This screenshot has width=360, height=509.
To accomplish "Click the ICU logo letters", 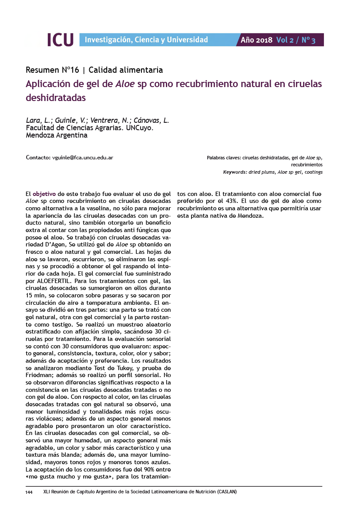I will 60,40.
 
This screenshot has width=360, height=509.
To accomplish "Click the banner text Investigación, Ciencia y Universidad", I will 146,40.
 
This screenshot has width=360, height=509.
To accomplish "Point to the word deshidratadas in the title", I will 56,98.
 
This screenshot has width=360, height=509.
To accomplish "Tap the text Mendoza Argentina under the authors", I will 57,135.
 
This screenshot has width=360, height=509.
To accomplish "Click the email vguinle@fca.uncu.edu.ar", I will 82,157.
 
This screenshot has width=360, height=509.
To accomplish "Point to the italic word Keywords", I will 235,172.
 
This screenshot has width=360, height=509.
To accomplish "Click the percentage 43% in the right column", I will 234,201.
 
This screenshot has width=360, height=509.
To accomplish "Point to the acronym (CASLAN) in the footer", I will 224,492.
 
